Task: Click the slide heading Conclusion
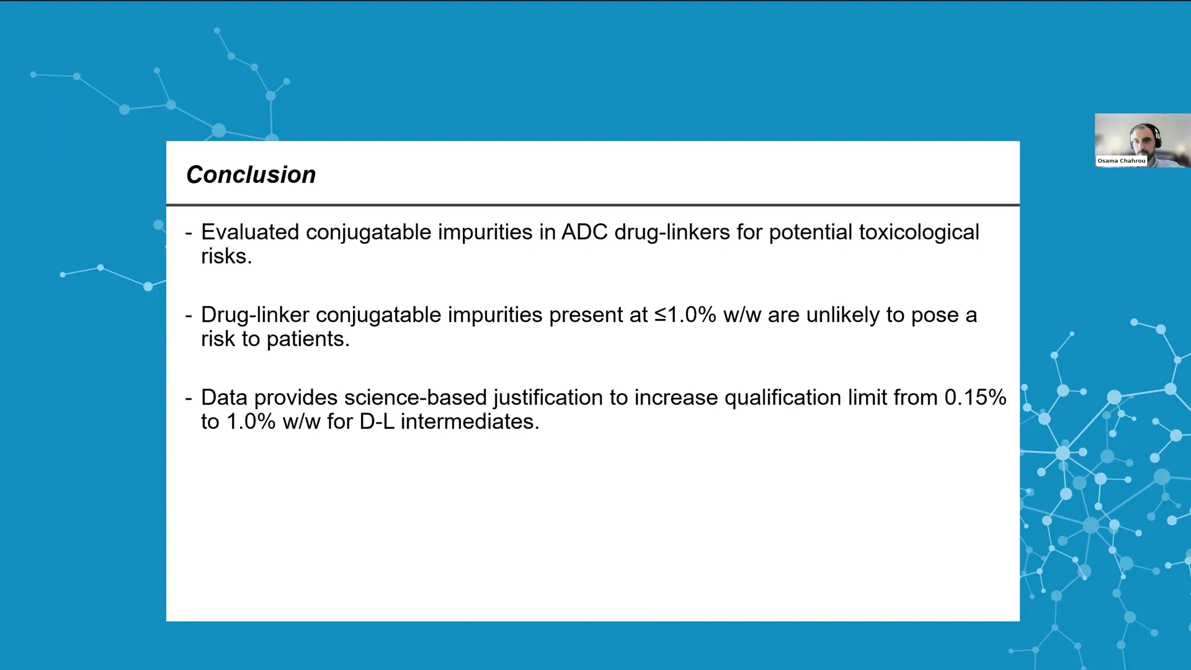pos(251,175)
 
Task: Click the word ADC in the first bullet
pos(584,232)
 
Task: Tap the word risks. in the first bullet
pos(226,256)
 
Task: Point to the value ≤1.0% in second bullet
pos(685,315)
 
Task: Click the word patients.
pos(308,339)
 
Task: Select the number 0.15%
pos(975,398)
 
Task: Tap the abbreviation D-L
pos(377,422)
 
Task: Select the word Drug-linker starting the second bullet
pos(255,315)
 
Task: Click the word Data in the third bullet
pos(224,398)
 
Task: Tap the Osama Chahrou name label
pos(1122,161)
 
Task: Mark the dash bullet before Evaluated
pos(189,234)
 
